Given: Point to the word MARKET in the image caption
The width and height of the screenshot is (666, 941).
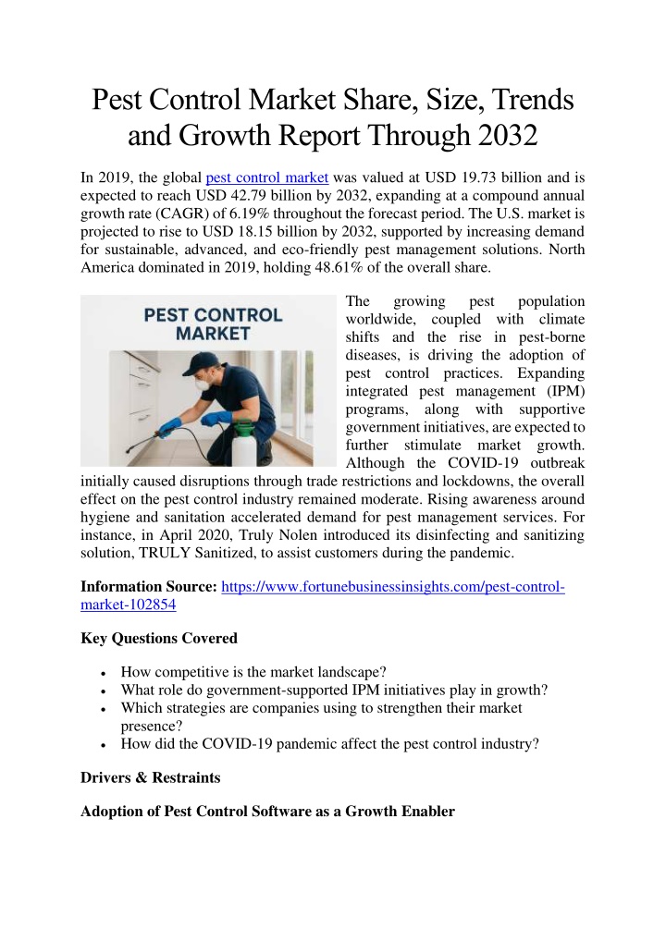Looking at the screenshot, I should pyautogui.click(x=206, y=334).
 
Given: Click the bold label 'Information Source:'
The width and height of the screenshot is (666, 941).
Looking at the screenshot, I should pyautogui.click(x=149, y=587).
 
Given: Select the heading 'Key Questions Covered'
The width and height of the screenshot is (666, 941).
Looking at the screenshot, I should pyautogui.click(x=159, y=638).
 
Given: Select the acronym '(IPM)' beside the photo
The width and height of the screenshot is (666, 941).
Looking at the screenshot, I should pyautogui.click(x=566, y=392).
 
